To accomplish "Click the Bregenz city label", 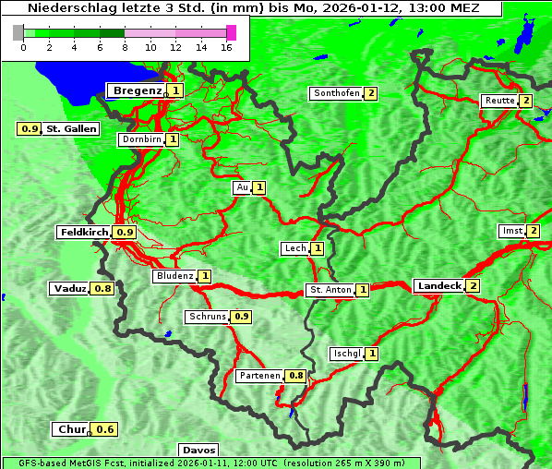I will pyautogui.click(x=138, y=90).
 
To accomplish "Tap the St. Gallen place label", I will pyautogui.click(x=71, y=128).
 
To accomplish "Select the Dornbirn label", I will pyautogui.click(x=141, y=139).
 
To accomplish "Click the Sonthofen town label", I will pyautogui.click(x=336, y=93).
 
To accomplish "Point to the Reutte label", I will pyautogui.click(x=498, y=101).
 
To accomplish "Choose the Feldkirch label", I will pyautogui.click(x=84, y=233).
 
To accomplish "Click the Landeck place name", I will pyautogui.click(x=438, y=286).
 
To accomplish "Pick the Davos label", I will pyautogui.click(x=198, y=450).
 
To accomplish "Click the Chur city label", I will pyautogui.click(x=71, y=429).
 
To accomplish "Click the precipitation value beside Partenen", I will pyautogui.click(x=296, y=376).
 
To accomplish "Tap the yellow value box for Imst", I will pyautogui.click(x=534, y=231).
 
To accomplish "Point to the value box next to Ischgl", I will pyautogui.click(x=372, y=354).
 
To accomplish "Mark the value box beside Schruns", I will pyautogui.click(x=242, y=317).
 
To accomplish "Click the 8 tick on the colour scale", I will pyautogui.click(x=125, y=46).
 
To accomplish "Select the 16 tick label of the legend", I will pyautogui.click(x=226, y=46).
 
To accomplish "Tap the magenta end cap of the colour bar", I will pyautogui.click(x=231, y=32).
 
